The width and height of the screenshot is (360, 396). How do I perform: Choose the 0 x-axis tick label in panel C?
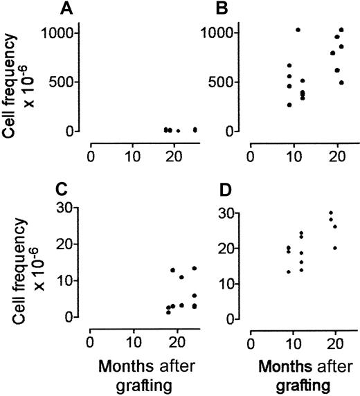pos(91,341)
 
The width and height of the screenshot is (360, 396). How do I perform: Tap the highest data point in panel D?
pos(331,213)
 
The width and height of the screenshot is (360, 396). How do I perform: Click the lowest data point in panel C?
pos(168,312)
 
